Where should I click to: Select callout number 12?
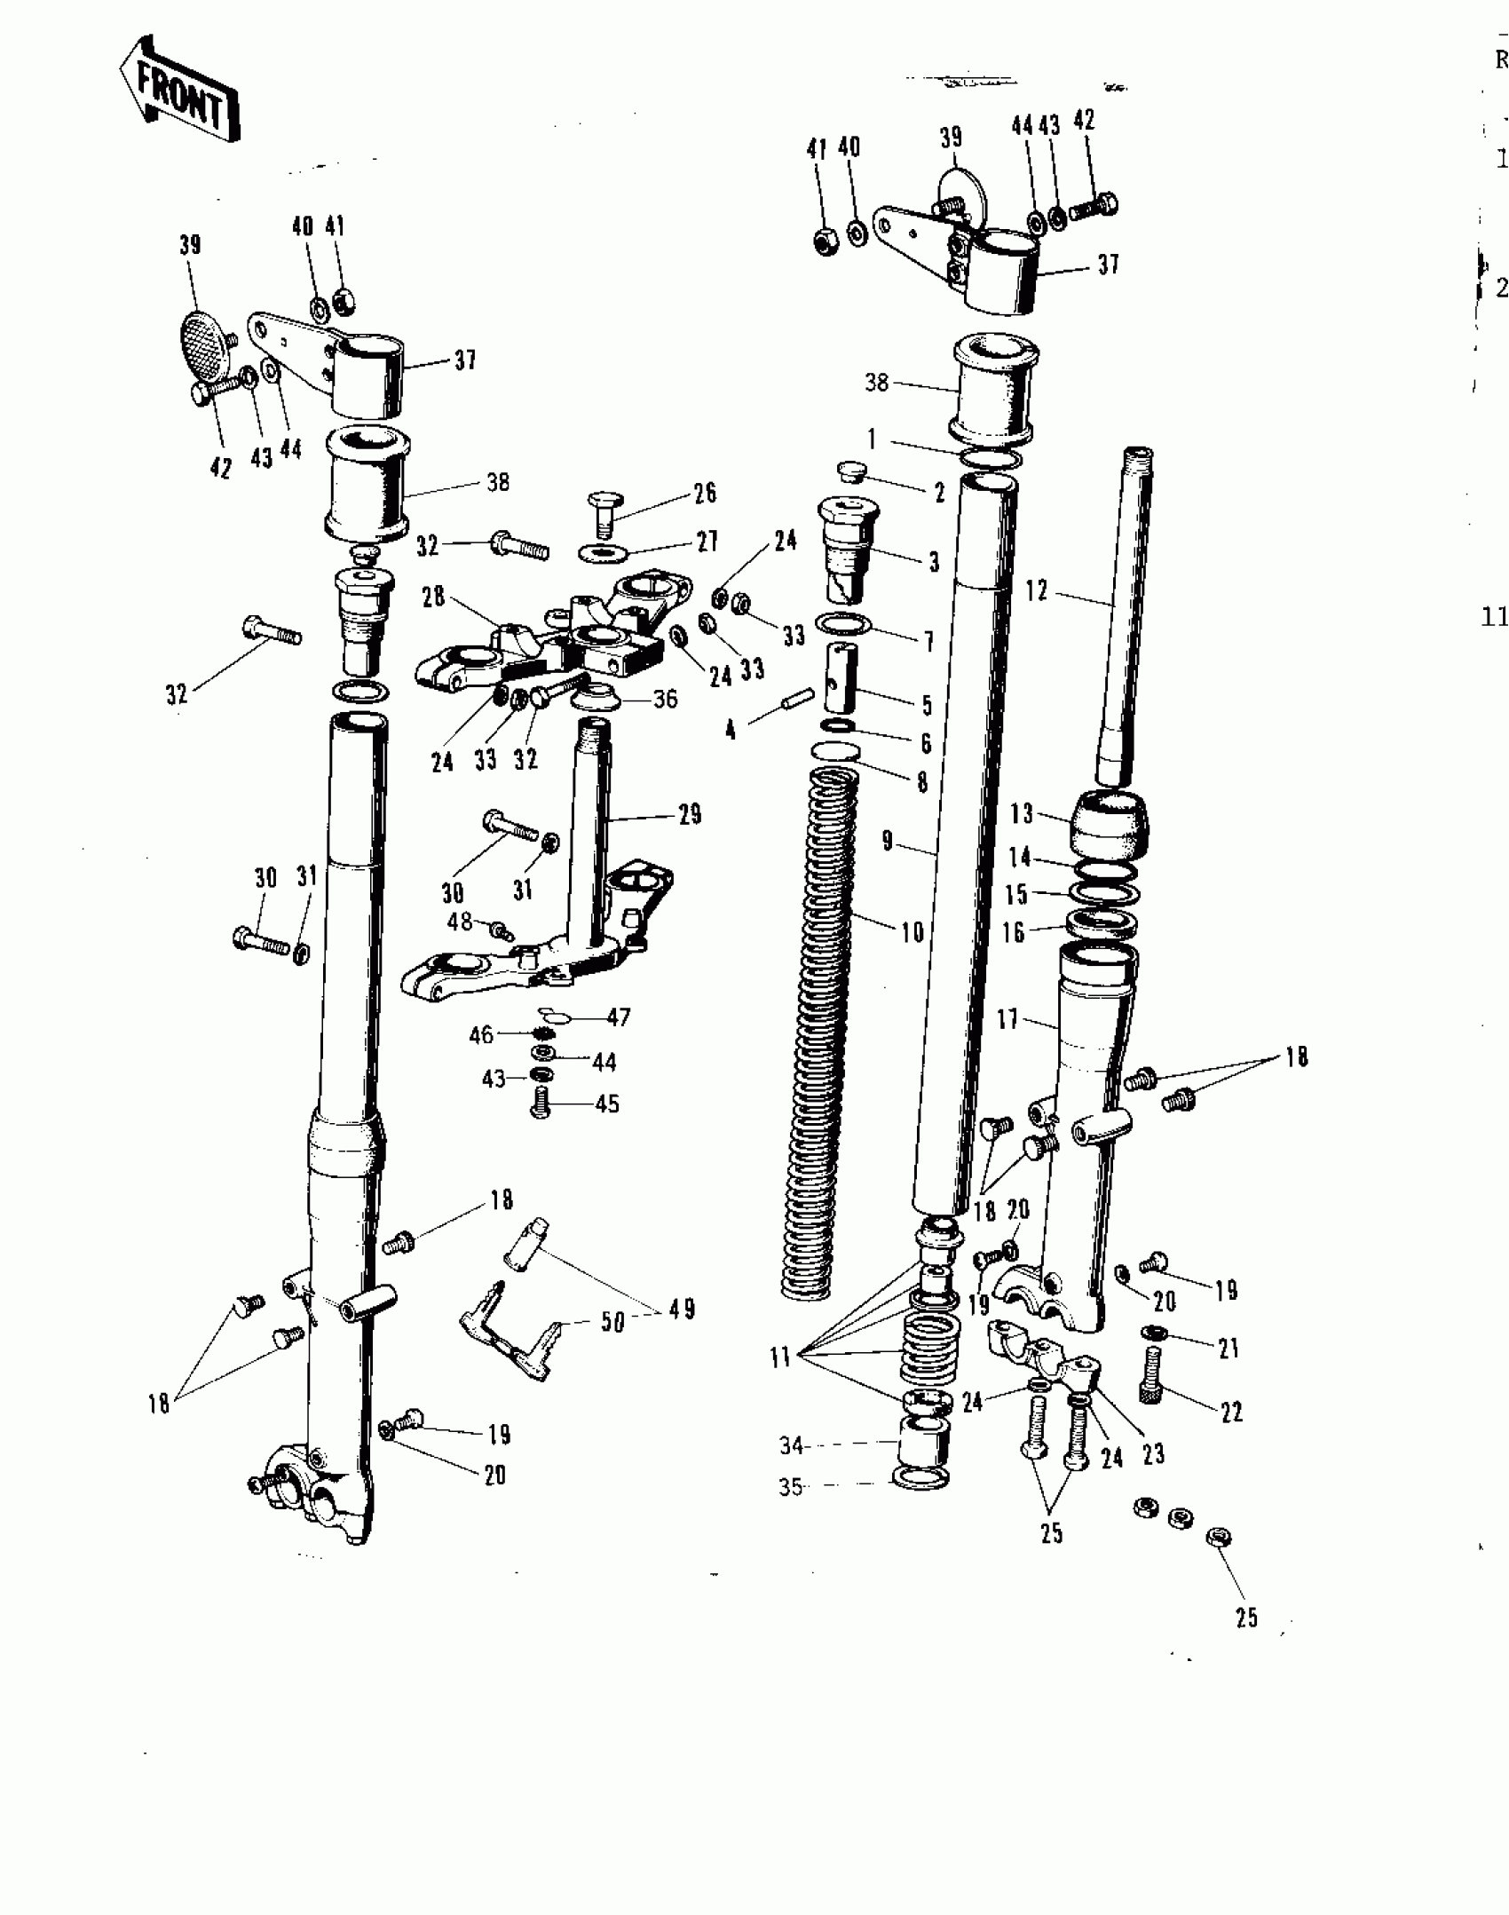(x=1037, y=590)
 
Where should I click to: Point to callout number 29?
(x=690, y=814)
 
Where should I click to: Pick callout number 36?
(x=665, y=700)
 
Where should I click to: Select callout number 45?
(x=606, y=1104)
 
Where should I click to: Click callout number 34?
(x=792, y=1446)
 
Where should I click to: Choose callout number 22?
(x=1231, y=1413)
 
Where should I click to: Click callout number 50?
(x=612, y=1322)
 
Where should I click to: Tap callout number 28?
(x=433, y=597)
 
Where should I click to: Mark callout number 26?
(x=705, y=494)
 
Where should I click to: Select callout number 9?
(x=887, y=840)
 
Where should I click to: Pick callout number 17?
(x=1007, y=1019)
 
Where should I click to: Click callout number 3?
(x=933, y=561)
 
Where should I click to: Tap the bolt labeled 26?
(x=602, y=512)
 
